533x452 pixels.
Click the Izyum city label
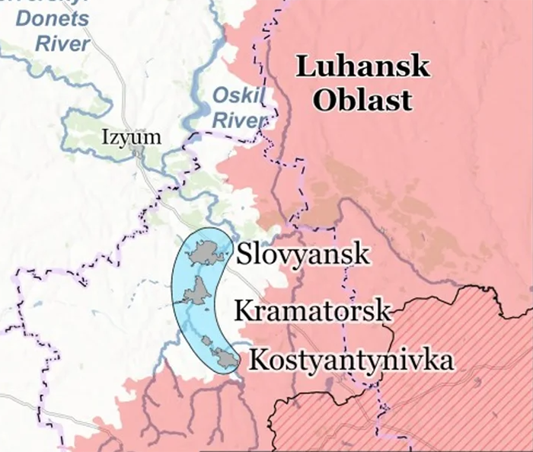coord(132,138)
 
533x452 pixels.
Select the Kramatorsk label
coord(313,310)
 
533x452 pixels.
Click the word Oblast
coord(362,100)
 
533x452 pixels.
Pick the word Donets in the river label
coord(62,18)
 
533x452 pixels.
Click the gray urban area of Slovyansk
coord(207,251)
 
